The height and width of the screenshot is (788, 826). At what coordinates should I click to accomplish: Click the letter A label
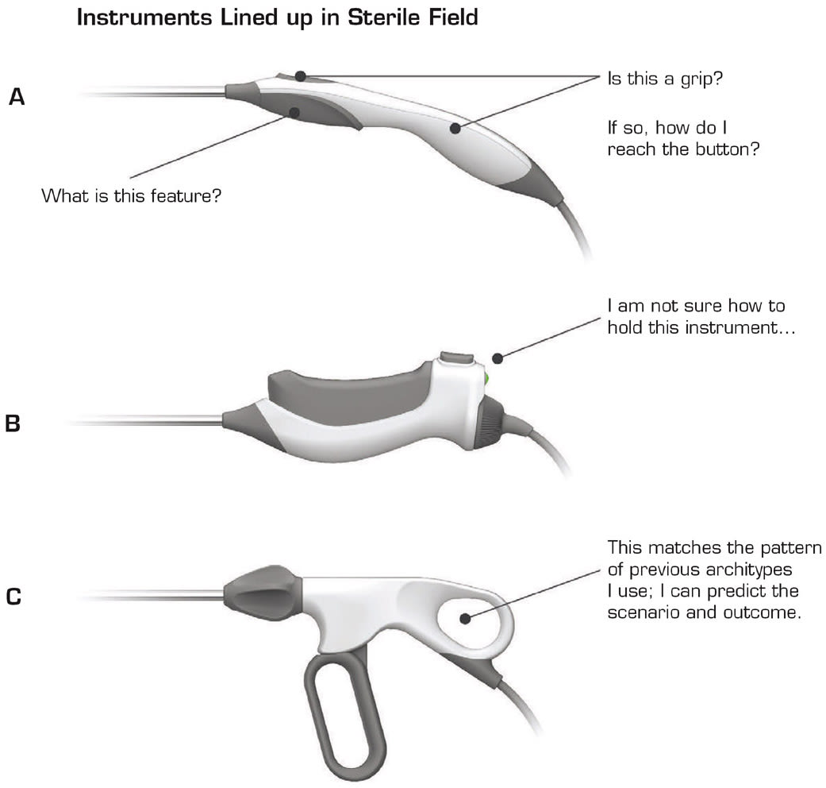point(17,97)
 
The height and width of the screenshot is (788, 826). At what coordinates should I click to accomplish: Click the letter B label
point(13,423)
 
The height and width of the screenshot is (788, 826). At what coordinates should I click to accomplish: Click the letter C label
point(13,597)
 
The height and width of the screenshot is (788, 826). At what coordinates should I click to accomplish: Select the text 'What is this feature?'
point(131,196)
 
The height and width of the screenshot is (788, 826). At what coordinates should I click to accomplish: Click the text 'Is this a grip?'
point(666,79)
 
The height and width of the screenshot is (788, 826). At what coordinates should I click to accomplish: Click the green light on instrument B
point(486,378)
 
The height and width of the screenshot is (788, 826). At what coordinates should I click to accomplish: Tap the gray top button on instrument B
point(457,357)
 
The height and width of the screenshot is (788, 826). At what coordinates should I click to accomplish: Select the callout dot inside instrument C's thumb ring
point(465,618)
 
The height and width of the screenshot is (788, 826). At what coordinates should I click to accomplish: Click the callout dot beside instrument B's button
point(498,359)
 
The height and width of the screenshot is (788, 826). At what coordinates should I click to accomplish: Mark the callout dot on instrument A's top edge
point(300,76)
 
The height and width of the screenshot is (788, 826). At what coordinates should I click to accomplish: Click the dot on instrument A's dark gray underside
point(294,112)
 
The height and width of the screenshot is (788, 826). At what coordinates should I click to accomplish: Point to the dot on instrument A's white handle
point(455,128)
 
